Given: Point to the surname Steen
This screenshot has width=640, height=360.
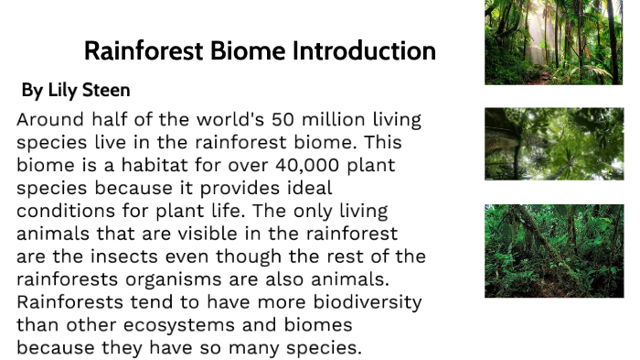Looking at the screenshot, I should pyautogui.click(x=108, y=91).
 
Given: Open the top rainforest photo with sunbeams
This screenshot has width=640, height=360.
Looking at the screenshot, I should pyautogui.click(x=553, y=42).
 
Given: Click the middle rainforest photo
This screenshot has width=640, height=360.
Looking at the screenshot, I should pyautogui.click(x=553, y=144).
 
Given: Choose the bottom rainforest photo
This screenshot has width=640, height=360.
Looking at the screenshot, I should pyautogui.click(x=553, y=250).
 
